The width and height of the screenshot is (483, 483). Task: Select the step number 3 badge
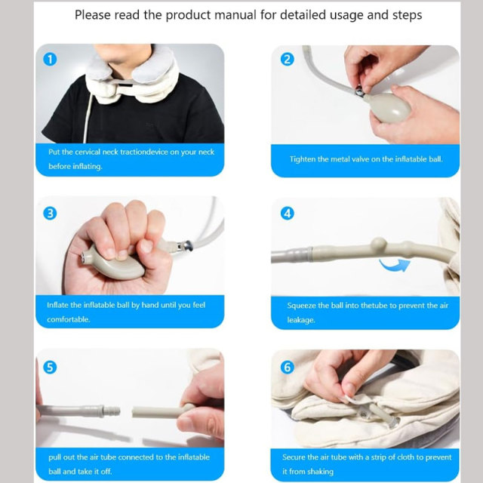[x=51, y=213]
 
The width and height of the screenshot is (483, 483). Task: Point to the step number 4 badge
[x=287, y=213]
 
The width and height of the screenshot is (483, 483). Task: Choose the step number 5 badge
[x=51, y=368]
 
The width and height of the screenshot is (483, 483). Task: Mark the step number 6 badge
[x=287, y=368]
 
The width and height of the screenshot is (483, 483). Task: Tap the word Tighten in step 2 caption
[x=306, y=159]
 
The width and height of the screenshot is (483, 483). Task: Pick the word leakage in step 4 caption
[x=301, y=320]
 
